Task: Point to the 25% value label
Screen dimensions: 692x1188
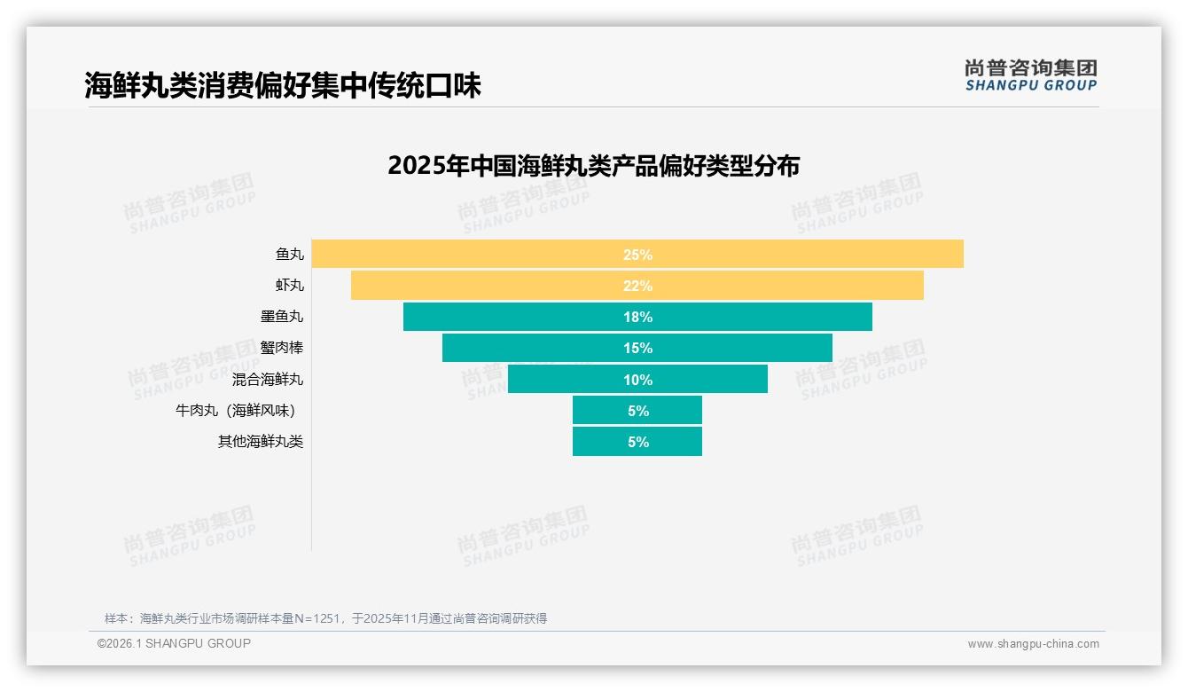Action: pyautogui.click(x=637, y=255)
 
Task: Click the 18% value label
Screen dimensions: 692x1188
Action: pyautogui.click(x=637, y=317)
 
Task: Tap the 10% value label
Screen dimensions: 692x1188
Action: pyautogui.click(x=637, y=380)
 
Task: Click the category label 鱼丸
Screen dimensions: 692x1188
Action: pyautogui.click(x=289, y=255)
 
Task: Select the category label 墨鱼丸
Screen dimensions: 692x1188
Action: pyautogui.click(x=282, y=317)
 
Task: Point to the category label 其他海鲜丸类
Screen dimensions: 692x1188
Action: pyautogui.click(x=261, y=442)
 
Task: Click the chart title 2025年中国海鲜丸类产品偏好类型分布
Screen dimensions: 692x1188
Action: pyautogui.click(x=593, y=166)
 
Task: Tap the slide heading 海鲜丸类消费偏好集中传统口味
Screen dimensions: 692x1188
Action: pyautogui.click(x=283, y=85)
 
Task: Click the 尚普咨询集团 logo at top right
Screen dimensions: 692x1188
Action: pyautogui.click(x=1030, y=75)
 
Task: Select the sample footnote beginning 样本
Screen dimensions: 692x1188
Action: pyautogui.click(x=325, y=618)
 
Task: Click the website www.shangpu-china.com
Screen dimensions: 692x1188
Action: pyautogui.click(x=1033, y=644)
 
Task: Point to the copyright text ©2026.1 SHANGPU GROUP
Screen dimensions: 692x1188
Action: pyautogui.click(x=174, y=643)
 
